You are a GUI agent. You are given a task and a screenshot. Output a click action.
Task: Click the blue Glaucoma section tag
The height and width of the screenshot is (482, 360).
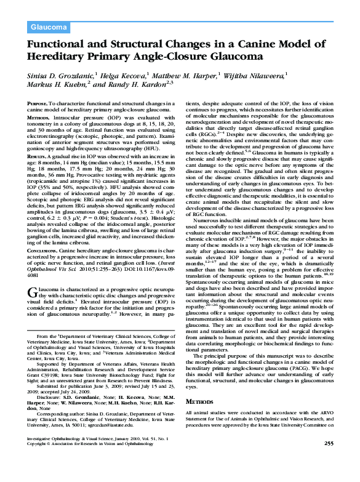click(x=49, y=26)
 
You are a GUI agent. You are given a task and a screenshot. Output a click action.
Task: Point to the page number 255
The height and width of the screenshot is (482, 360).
click(x=329, y=461)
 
